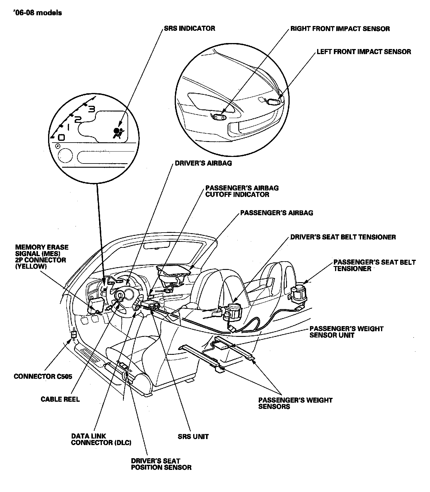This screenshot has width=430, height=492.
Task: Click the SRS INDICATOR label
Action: click(189, 28)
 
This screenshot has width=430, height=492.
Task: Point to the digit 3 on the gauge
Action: click(92, 109)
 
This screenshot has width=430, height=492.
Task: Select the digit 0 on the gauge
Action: click(61, 137)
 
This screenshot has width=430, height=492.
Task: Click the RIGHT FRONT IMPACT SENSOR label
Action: click(340, 29)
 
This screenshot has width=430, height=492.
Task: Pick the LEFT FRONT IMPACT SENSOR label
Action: click(364, 52)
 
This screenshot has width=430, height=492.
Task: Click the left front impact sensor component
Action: click(273, 102)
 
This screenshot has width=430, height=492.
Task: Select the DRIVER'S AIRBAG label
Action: click(203, 163)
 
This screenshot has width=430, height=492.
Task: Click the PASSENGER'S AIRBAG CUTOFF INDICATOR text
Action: click(242, 191)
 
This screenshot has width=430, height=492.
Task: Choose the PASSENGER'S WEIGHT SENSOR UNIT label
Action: click(346, 332)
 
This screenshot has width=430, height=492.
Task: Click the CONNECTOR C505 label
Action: click(43, 376)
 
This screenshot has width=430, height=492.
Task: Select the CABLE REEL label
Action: click(60, 399)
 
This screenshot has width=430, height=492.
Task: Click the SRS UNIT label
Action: click(193, 436)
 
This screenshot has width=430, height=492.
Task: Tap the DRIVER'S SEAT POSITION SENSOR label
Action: click(161, 464)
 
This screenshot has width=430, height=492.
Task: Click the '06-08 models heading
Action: click(38, 13)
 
